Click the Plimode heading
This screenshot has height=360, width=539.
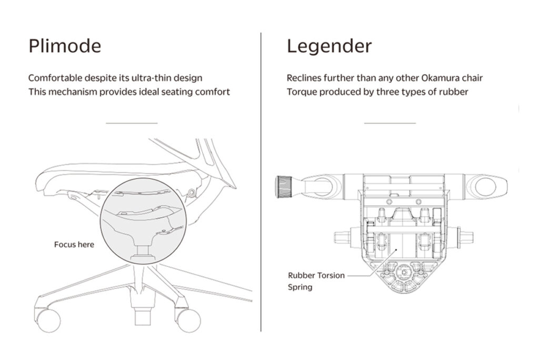(x=65, y=46)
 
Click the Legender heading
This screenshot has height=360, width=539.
(x=330, y=46)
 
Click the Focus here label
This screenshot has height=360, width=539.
(x=74, y=244)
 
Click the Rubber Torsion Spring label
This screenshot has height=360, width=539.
(x=316, y=281)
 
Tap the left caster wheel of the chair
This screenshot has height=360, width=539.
(x=48, y=321)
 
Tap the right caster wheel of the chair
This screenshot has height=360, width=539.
(x=188, y=321)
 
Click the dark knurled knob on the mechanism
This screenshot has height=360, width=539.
(x=284, y=186)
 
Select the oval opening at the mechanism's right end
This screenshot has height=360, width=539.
(x=485, y=187)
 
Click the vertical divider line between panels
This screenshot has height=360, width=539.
(x=261, y=182)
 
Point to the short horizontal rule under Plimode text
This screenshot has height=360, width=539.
(x=132, y=123)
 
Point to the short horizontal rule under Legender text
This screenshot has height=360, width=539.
(x=390, y=123)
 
